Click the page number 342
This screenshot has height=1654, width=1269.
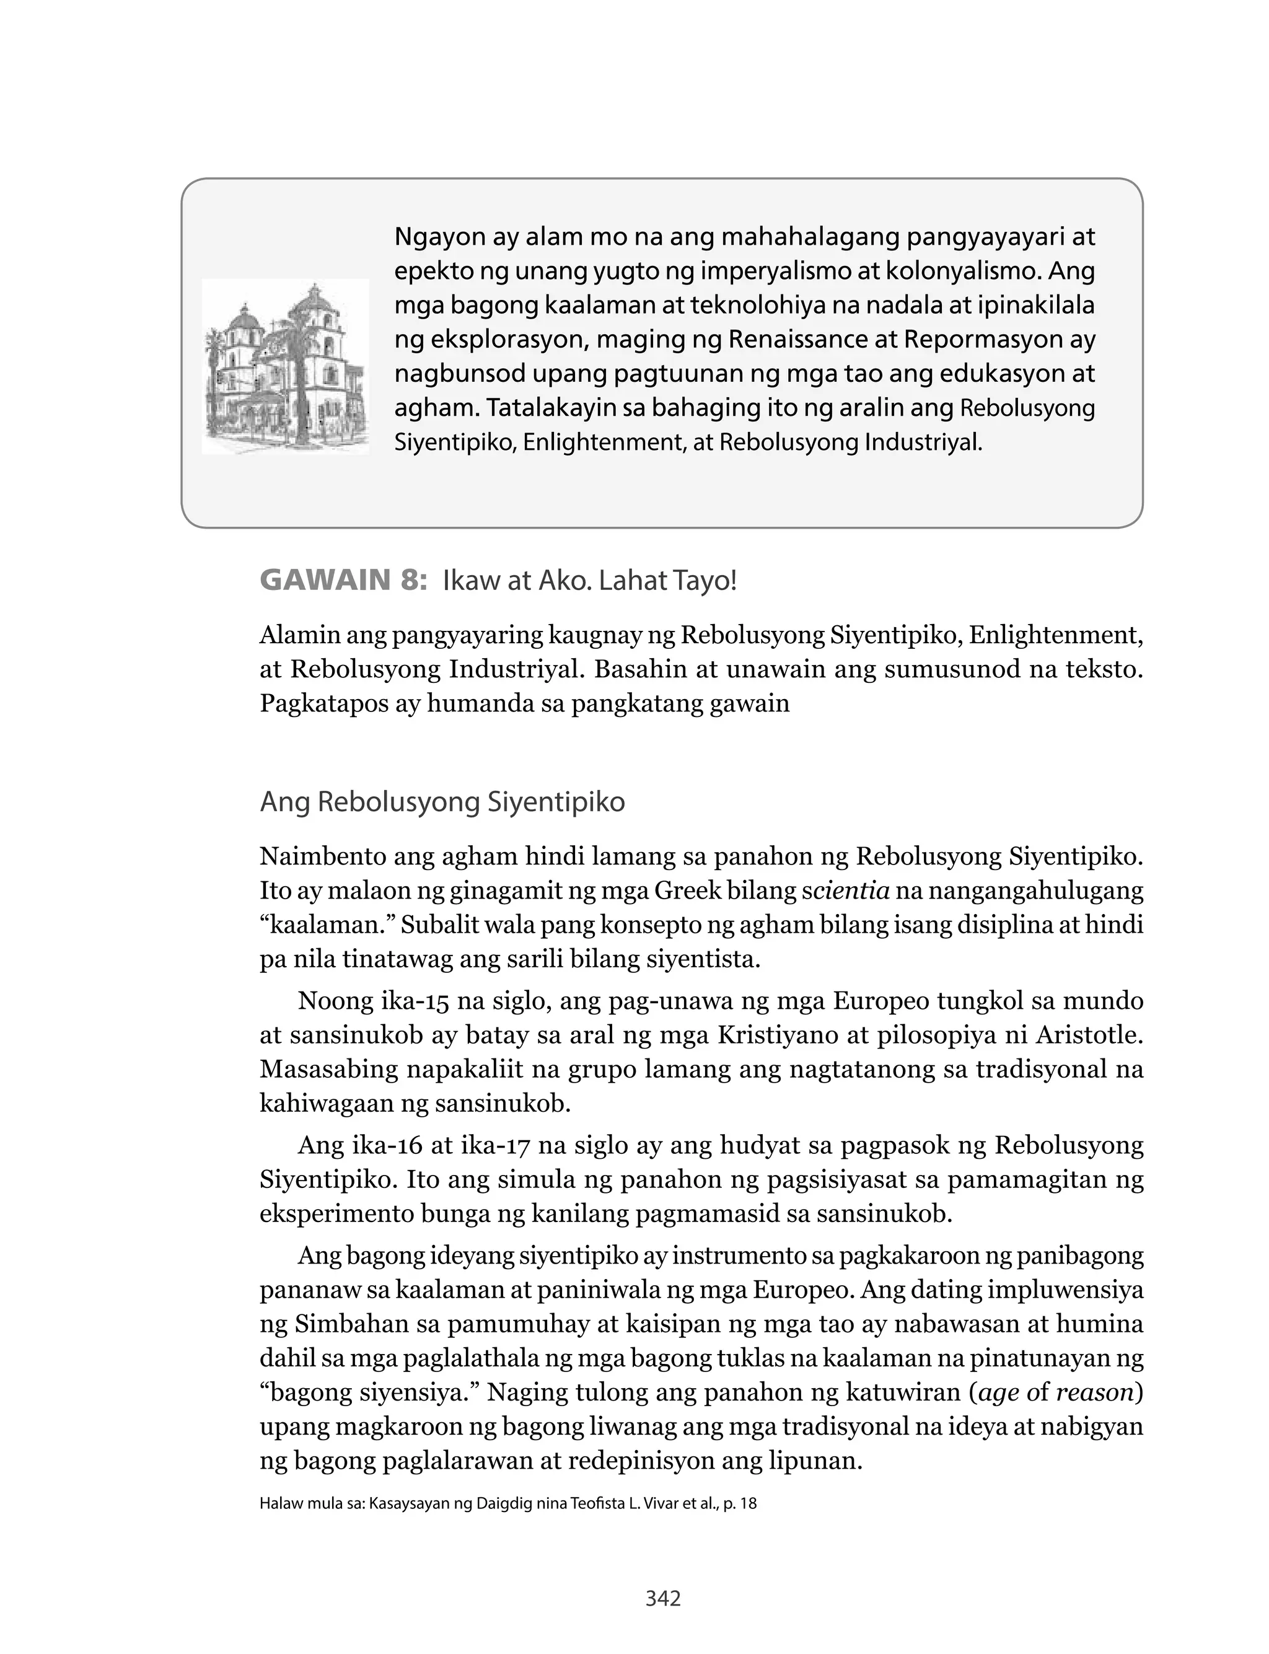coord(663,1598)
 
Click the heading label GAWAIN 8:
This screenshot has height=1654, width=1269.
coord(344,581)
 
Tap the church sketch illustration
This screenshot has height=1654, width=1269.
coord(286,366)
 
